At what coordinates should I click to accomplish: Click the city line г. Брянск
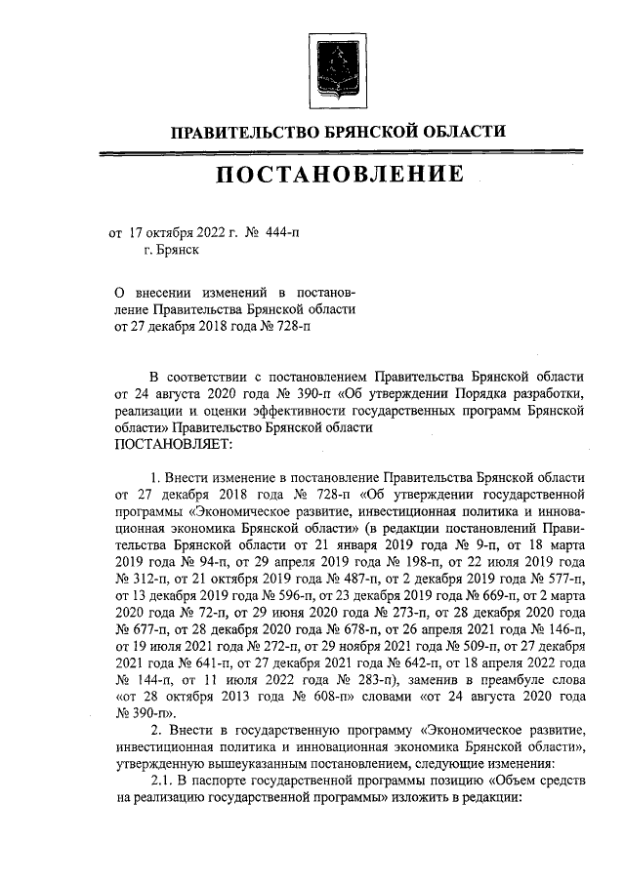[171, 251]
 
